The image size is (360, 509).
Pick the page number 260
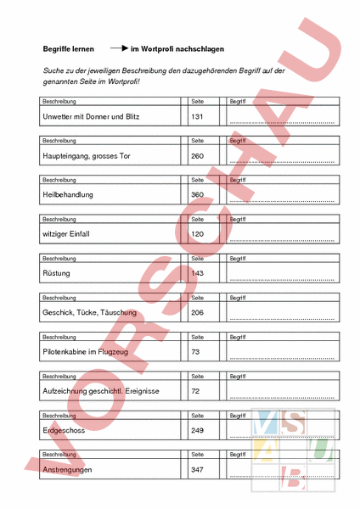click(198, 156)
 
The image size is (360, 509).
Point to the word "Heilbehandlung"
click(67, 195)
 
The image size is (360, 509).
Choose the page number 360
click(198, 195)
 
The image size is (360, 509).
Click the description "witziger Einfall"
click(65, 234)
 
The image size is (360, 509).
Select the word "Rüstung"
click(56, 273)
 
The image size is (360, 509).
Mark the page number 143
click(198, 273)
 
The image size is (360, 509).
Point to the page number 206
click(198, 313)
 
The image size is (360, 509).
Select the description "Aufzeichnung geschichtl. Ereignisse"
click(100, 391)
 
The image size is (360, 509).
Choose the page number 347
click(198, 469)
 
